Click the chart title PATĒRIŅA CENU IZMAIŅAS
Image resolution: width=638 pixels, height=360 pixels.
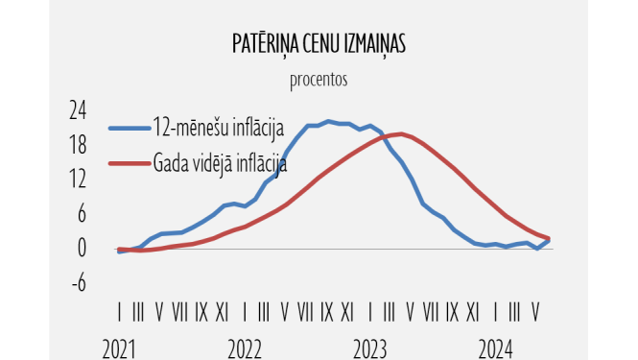click(318, 46)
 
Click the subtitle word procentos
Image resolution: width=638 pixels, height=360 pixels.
click(318, 79)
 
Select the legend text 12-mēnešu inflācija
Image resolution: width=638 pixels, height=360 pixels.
click(219, 126)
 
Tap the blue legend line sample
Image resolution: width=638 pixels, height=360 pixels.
click(128, 127)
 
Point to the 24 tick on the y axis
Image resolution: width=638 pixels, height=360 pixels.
click(77, 110)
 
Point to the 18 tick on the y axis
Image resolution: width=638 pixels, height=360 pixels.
click(77, 145)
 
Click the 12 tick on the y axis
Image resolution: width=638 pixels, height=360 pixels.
click(77, 180)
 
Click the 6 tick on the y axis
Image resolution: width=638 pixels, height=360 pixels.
click(81, 214)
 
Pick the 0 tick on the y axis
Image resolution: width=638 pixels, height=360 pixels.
click(82, 248)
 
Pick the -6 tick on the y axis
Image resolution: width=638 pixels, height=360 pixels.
click(78, 282)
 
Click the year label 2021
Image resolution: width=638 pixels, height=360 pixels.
click(119, 348)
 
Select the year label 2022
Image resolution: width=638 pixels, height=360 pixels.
click(245, 348)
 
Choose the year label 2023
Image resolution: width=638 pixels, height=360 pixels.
click(369, 348)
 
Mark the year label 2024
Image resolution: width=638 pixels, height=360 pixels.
click(496, 348)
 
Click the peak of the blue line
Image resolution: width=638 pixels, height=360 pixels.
click(328, 121)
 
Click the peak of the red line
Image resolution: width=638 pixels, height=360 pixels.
click(399, 133)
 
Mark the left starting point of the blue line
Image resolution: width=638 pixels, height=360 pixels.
click(119, 252)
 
